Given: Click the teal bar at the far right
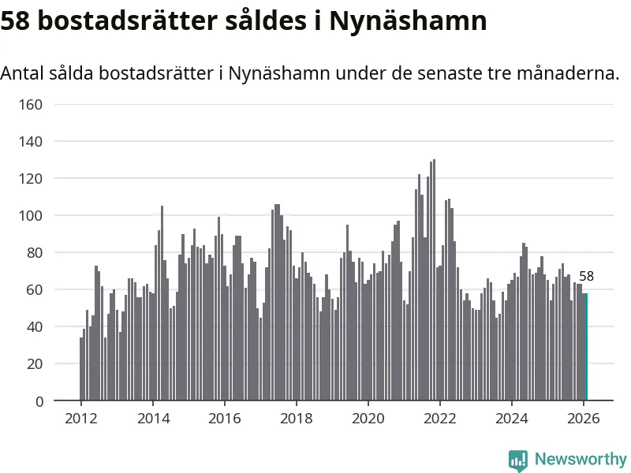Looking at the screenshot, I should pos(585,347).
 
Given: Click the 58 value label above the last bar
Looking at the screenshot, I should pos(586,277).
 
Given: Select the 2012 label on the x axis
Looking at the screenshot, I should pos(81,419).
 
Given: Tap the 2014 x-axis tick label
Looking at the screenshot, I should pos(153,419).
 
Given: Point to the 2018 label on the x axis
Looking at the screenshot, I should pos(296,419).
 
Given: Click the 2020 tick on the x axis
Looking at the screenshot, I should pos(368,419).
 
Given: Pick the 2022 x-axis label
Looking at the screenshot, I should pos(439,419).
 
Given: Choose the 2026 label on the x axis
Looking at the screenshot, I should pos(583,419).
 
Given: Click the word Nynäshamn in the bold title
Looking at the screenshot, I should pos(408,21).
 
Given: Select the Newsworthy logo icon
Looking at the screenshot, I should pos(518,460).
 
